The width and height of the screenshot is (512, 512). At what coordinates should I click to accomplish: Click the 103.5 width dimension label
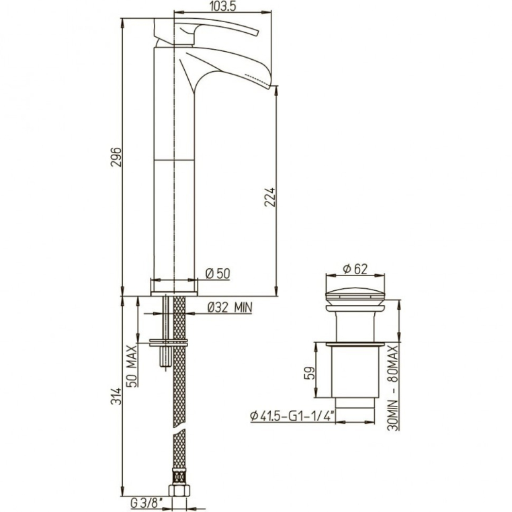coord(223,6)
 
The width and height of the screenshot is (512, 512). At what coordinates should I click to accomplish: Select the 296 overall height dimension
coord(116,157)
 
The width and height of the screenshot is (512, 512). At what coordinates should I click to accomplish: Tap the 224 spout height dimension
coord(270,197)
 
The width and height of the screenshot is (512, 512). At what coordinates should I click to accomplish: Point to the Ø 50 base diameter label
coord(218,273)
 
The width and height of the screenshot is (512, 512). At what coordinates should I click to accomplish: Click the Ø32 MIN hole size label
coord(230,307)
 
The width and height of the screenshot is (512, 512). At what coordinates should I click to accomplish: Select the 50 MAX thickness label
coord(132,366)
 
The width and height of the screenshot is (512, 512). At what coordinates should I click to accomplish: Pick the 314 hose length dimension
coord(116,396)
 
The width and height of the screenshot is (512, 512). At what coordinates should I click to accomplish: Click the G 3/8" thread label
coord(146,503)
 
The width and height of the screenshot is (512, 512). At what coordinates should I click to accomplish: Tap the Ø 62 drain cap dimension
coord(355,269)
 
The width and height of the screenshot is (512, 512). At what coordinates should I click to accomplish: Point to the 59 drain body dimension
coord(310,373)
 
